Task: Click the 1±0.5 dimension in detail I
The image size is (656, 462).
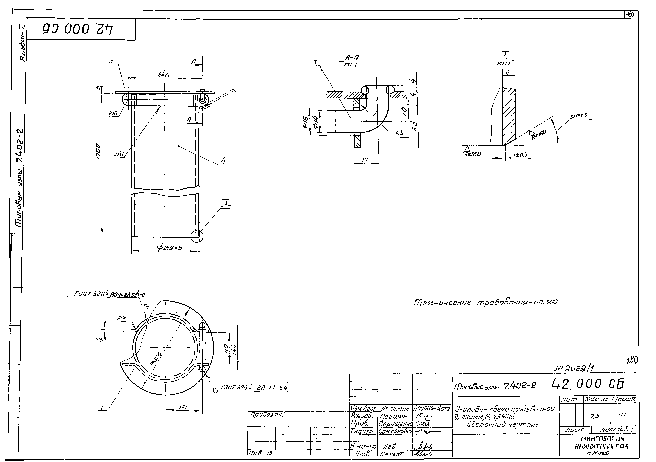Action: (520, 155)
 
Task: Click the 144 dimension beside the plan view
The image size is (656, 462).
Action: (234, 347)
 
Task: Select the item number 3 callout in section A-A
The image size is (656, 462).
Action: (315, 62)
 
